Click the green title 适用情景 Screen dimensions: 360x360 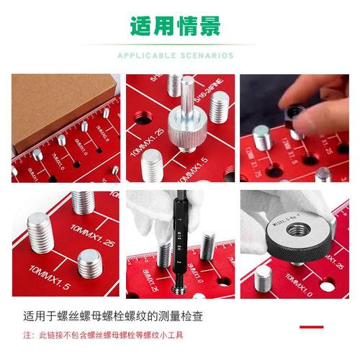175,26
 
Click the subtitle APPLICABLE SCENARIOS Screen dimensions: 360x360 175,55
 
